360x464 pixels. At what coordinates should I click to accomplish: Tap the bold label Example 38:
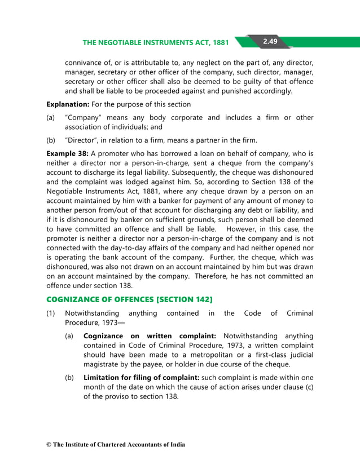pyautogui.click(x=67, y=153)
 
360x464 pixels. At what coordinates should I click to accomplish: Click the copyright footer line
pyautogui.click(x=116, y=445)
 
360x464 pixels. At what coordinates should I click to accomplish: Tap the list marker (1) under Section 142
pyautogui.click(x=51, y=313)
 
